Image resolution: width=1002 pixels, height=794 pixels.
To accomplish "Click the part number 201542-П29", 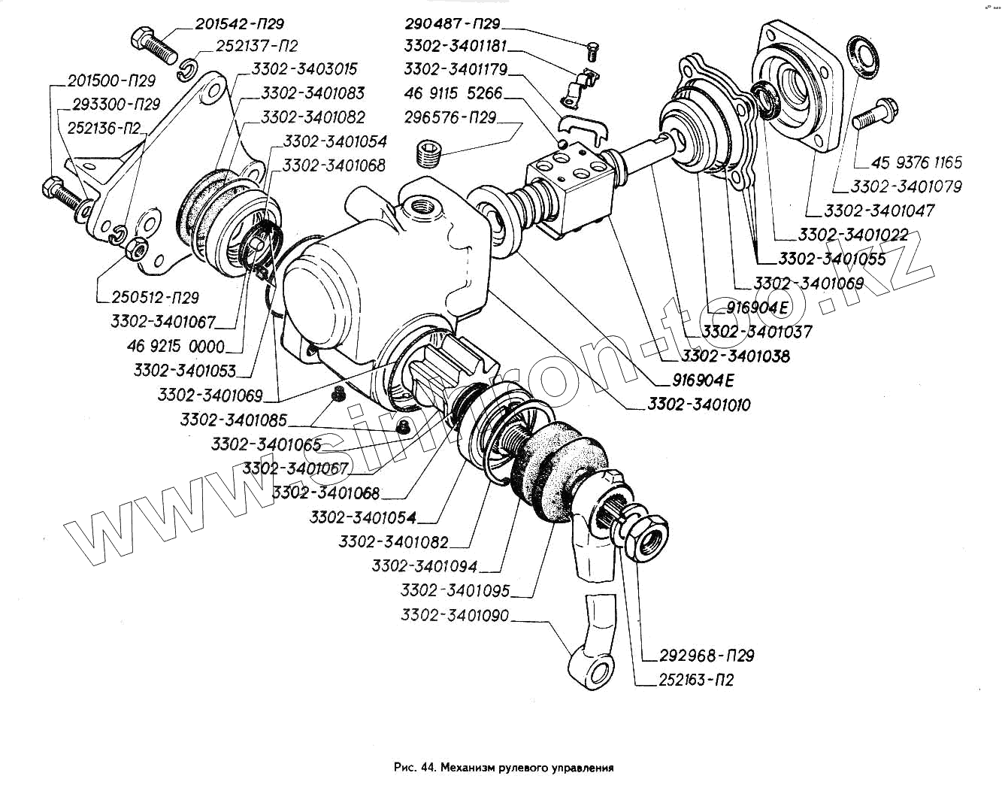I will click(x=239, y=24).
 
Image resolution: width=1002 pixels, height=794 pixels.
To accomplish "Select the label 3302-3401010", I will click(x=698, y=405).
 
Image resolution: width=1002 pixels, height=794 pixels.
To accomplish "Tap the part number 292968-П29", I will click(x=707, y=656).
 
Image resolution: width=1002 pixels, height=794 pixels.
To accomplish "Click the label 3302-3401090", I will click(x=455, y=616).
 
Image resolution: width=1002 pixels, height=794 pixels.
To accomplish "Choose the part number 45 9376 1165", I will click(x=916, y=162).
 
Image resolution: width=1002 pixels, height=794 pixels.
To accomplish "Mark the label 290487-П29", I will click(x=452, y=24).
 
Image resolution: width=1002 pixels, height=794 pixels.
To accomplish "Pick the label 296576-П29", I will click(x=450, y=118).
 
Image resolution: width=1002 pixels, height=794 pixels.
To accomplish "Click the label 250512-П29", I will click(x=155, y=298).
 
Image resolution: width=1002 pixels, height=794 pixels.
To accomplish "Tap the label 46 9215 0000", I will click(x=176, y=347).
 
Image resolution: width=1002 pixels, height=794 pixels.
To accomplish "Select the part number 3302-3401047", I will click(x=879, y=211).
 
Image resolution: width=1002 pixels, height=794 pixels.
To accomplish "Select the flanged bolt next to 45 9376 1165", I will click(x=872, y=117).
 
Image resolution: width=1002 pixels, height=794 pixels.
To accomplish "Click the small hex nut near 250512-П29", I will click(x=137, y=247).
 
